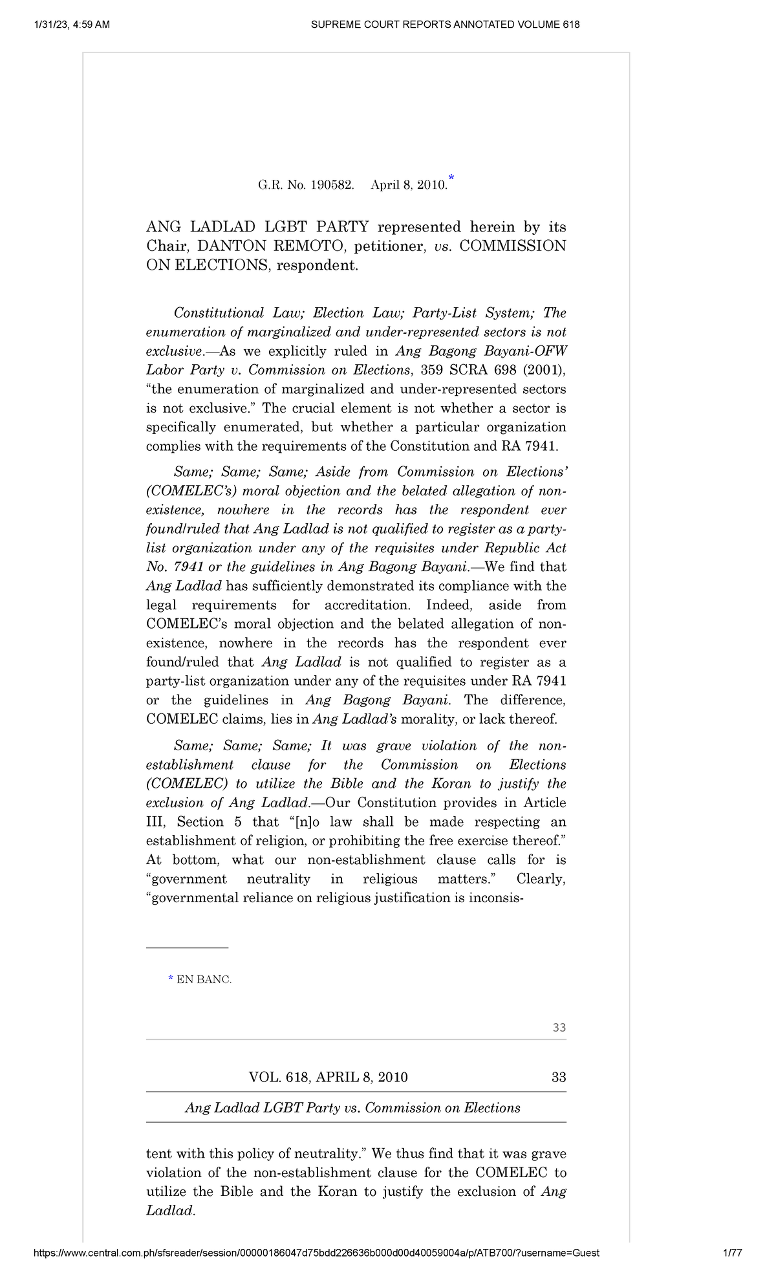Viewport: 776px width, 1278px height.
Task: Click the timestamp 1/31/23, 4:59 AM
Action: pyautogui.click(x=71, y=25)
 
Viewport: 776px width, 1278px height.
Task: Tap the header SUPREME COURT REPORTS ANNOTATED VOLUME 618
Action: pyautogui.click(x=445, y=25)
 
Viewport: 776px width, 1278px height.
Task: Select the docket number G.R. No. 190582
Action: pyautogui.click(x=306, y=185)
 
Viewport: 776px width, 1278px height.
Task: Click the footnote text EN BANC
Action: pyautogui.click(x=204, y=980)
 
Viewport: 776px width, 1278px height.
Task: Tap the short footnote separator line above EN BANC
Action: pyautogui.click(x=187, y=948)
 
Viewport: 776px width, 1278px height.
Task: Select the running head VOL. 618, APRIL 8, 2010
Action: pyautogui.click(x=328, y=1077)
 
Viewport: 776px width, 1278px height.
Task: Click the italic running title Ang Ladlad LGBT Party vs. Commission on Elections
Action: pyautogui.click(x=352, y=1108)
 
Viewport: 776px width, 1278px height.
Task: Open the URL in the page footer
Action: pyautogui.click(x=316, y=1253)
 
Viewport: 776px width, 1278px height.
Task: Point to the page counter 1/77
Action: pyautogui.click(x=732, y=1253)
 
